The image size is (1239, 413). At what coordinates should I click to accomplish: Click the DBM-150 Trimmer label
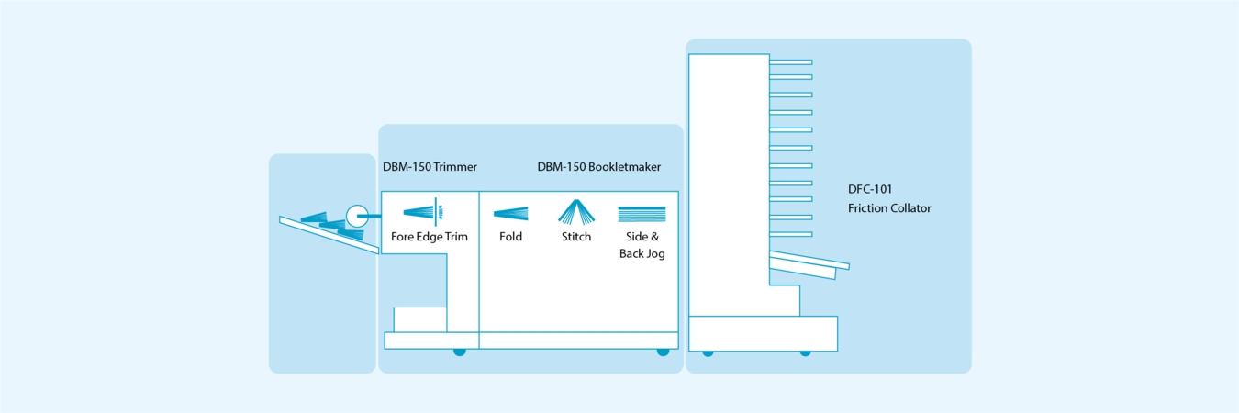pyautogui.click(x=430, y=167)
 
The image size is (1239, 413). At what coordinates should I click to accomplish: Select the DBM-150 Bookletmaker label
pyautogui.click(x=598, y=167)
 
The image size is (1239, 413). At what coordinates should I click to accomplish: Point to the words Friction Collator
pyautogui.click(x=889, y=208)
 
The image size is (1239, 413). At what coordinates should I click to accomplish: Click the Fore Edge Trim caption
pyautogui.click(x=430, y=237)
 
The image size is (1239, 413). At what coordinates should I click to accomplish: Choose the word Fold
pyautogui.click(x=511, y=237)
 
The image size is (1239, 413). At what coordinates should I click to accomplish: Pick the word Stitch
pyautogui.click(x=576, y=237)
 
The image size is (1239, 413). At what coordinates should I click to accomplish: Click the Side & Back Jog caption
pyautogui.click(x=642, y=245)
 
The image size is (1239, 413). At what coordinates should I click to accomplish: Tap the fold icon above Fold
pyautogui.click(x=511, y=214)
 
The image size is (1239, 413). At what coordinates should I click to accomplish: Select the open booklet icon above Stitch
pyautogui.click(x=576, y=211)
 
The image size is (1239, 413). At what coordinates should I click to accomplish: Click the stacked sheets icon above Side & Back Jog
pyautogui.click(x=642, y=214)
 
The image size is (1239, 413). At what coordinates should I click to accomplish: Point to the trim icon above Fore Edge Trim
pyautogui.click(x=425, y=212)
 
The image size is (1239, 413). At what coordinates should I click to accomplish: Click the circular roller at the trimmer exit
pyautogui.click(x=356, y=217)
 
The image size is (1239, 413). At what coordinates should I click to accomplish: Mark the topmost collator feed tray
pyautogui.click(x=790, y=62)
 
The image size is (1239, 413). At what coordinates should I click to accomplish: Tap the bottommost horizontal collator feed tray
pyautogui.click(x=790, y=234)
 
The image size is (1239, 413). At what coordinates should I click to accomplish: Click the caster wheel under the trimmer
pyautogui.click(x=460, y=352)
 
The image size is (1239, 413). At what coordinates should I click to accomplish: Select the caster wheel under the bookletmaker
pyautogui.click(x=663, y=352)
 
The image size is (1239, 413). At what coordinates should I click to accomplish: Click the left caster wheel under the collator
pyautogui.click(x=708, y=352)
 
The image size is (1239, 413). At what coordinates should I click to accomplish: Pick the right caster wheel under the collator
pyautogui.click(x=805, y=352)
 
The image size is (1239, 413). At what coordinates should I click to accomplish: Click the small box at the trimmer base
pyautogui.click(x=420, y=319)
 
